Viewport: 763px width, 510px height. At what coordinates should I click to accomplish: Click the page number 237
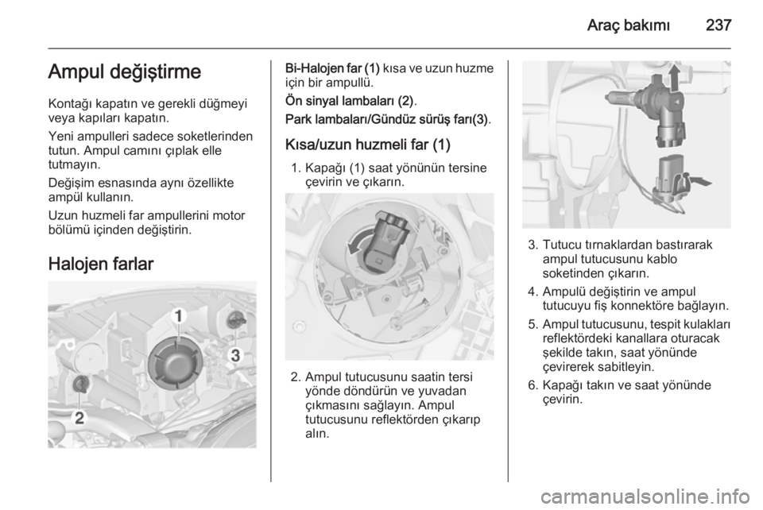[x=718, y=25]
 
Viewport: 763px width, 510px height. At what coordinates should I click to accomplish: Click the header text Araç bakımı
[x=628, y=25]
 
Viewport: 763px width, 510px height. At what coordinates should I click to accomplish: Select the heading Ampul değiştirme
[x=125, y=72]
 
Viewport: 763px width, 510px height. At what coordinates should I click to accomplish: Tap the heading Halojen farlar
[x=101, y=264]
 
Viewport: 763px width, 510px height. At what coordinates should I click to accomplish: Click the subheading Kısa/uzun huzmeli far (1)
[x=368, y=145]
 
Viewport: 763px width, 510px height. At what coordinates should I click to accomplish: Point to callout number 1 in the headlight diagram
[x=179, y=316]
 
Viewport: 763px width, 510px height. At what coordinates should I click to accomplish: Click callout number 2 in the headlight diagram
[x=79, y=418]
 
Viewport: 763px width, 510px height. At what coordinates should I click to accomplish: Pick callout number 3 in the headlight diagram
[x=235, y=355]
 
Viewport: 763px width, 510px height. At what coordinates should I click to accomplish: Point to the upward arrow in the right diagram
[x=674, y=78]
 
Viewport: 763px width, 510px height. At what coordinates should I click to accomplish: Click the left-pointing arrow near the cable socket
[x=699, y=182]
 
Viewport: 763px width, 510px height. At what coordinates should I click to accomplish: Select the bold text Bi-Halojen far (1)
[x=332, y=68]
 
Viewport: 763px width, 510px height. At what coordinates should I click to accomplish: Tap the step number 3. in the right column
[x=533, y=245]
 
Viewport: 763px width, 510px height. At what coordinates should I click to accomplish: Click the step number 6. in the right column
[x=533, y=385]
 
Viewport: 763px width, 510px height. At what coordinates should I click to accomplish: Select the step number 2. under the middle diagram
[x=296, y=377]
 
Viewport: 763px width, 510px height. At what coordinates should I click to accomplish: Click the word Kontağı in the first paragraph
[x=70, y=104]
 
